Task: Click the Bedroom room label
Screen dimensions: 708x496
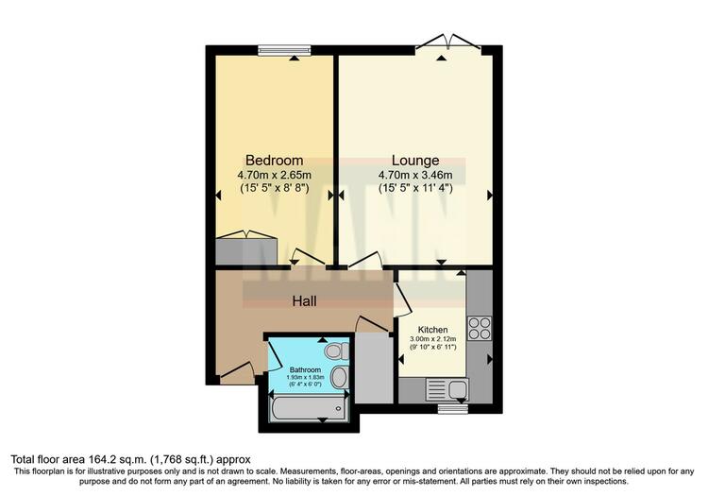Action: [x=274, y=161]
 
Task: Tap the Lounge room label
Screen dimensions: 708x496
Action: [x=415, y=161]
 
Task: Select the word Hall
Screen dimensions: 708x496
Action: [x=304, y=301]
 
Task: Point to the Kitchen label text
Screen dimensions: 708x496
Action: [x=432, y=330]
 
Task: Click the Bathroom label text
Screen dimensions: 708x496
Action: [x=305, y=369]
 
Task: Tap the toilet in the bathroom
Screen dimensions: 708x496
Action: [x=337, y=351]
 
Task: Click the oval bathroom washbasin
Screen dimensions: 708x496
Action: [x=339, y=377]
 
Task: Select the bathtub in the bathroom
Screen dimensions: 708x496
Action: [x=310, y=408]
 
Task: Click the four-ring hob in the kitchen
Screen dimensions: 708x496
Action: [x=479, y=329]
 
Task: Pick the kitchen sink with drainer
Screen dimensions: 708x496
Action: [x=447, y=390]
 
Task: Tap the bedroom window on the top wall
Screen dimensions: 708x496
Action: [x=285, y=50]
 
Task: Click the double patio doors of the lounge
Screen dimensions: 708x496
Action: [x=447, y=43]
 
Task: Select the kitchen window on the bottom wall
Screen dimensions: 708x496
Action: [x=454, y=409]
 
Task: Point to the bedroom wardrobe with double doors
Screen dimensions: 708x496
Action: [x=246, y=248]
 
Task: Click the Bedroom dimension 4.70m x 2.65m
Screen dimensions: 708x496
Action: [x=274, y=175]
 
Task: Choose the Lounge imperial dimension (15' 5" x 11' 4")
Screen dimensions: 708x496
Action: [x=415, y=188]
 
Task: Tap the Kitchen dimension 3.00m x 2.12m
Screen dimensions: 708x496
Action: [x=432, y=339]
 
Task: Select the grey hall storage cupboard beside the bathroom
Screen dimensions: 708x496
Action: [x=374, y=368]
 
